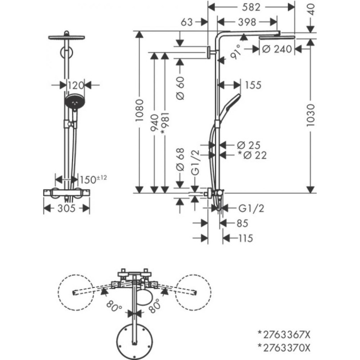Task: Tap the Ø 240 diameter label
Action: (277, 49)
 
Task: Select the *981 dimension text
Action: (165, 124)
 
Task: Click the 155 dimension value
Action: (252, 85)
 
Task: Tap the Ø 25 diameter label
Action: (248, 145)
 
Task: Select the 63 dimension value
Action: (187, 22)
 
